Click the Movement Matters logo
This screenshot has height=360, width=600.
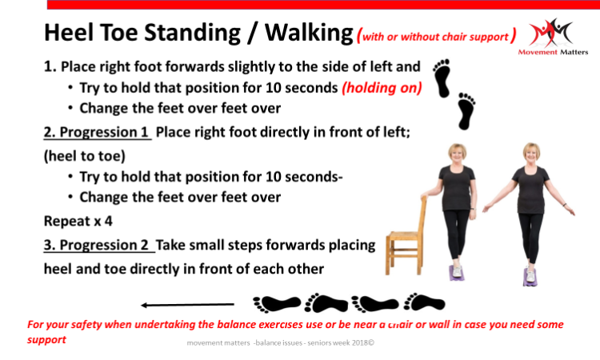click(x=553, y=37)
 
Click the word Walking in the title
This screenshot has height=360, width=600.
click(x=309, y=33)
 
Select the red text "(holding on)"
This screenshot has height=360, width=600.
click(x=382, y=88)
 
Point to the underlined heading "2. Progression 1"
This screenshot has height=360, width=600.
click(x=97, y=132)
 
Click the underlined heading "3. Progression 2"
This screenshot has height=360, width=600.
click(x=98, y=245)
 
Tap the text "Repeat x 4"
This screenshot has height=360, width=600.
click(x=78, y=221)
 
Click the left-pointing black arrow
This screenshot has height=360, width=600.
click(x=187, y=305)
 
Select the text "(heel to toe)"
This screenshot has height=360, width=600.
click(x=85, y=156)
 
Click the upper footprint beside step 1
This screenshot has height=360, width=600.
click(x=442, y=78)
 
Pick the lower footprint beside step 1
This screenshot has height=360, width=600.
click(x=466, y=111)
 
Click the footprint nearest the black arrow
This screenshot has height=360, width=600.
click(x=277, y=304)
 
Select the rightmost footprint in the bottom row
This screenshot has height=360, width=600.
click(x=424, y=302)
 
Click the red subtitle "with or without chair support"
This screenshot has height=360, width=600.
click(x=435, y=37)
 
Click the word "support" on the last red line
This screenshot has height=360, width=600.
click(x=46, y=340)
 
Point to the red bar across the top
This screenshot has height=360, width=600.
click(x=323, y=5)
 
